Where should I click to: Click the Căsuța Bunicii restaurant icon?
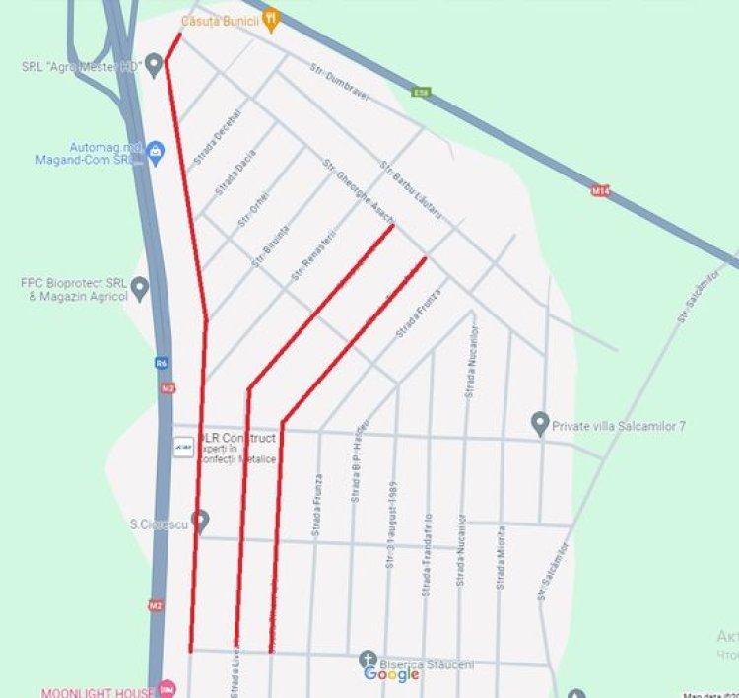tap(272, 19)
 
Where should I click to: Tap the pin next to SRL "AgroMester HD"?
tap(153, 66)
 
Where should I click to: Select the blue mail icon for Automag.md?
tap(156, 151)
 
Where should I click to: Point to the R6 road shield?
tap(162, 363)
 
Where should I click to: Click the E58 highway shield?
tap(422, 93)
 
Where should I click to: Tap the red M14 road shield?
tap(600, 190)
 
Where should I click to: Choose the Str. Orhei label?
tap(253, 210)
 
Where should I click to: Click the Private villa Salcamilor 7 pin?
tap(540, 423)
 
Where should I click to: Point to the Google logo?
tap(391, 674)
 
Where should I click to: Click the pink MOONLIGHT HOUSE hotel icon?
tap(168, 687)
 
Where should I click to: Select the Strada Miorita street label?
tap(501, 558)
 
